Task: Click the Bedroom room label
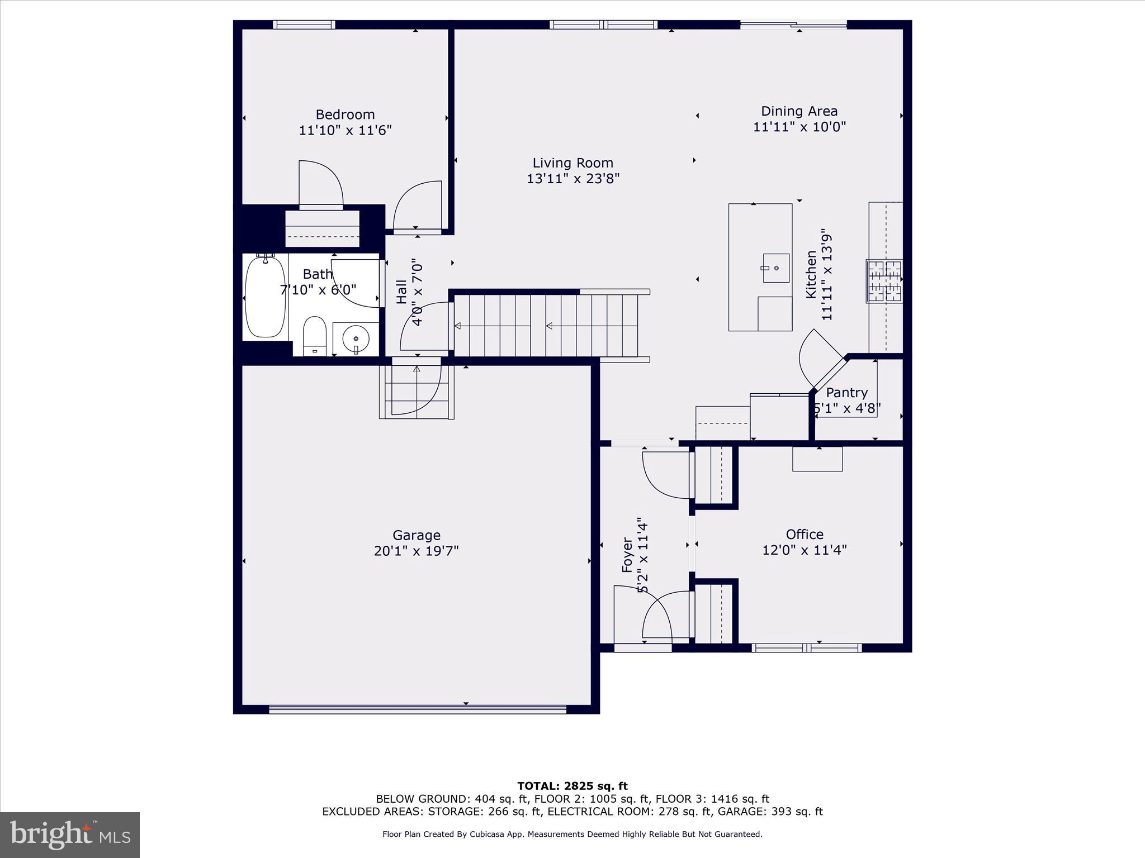[345, 115]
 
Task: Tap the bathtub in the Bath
[265, 297]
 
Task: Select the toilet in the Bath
[314, 335]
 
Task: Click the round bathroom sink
[356, 339]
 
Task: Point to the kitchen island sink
[776, 268]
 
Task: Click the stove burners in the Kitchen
[884, 281]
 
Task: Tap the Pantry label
[846, 393]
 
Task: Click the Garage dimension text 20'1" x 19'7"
[416, 551]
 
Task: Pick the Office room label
[805, 534]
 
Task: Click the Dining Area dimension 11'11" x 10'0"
[799, 127]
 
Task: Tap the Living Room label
[572, 163]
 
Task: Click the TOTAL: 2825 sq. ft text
[572, 786]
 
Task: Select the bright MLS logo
[70, 835]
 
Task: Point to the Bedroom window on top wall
[304, 25]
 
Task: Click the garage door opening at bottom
[417, 709]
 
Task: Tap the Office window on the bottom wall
[806, 648]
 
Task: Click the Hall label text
[401, 292]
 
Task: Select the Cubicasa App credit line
[572, 835]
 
